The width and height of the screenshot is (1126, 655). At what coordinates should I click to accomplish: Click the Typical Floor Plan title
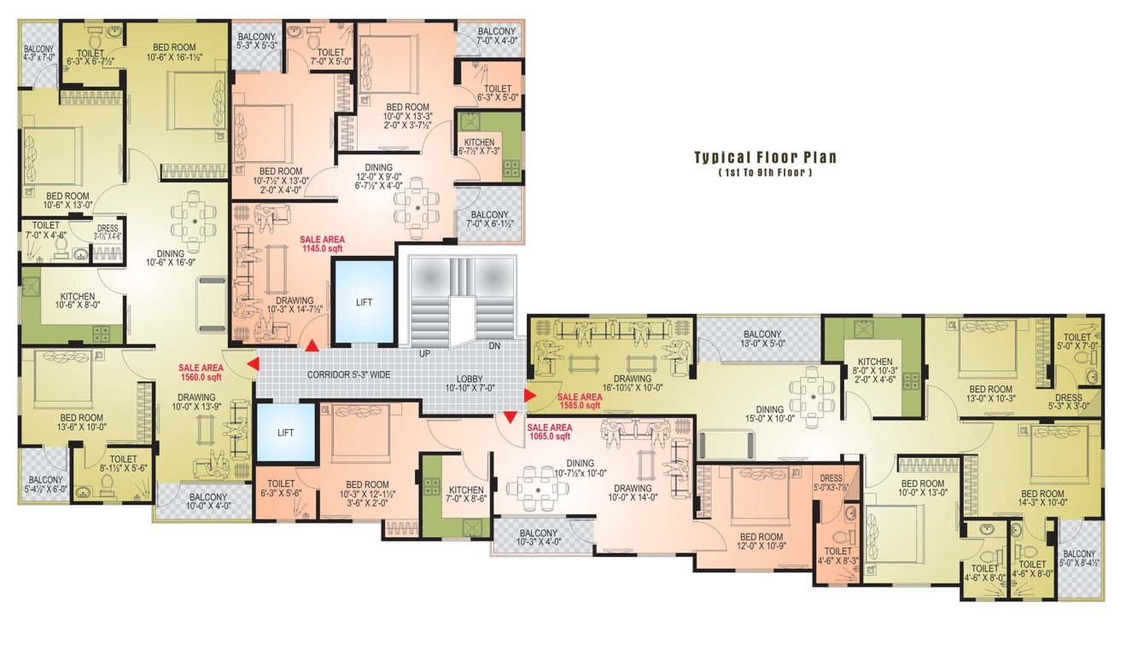coord(764,158)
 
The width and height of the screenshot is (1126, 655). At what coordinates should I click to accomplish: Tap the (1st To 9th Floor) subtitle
coord(764,173)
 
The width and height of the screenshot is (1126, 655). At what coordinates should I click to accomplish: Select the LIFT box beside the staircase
coord(364,301)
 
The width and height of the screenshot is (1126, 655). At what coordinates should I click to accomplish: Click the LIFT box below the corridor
coord(285,432)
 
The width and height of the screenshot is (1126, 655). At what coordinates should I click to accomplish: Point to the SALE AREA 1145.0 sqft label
coord(322,244)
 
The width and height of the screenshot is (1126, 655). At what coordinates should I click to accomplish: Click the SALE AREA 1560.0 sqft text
coord(201,372)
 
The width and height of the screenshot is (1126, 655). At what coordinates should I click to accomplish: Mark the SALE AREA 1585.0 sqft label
coord(580,402)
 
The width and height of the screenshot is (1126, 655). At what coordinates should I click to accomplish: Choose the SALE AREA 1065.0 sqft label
coord(549,432)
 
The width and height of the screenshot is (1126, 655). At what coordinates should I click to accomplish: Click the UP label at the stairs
coord(424,353)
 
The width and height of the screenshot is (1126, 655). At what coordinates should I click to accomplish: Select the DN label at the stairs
coord(494,346)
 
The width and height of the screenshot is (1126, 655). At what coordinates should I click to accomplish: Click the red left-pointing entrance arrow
coord(253,365)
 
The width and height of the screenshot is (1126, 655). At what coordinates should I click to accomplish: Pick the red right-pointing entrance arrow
coord(530,395)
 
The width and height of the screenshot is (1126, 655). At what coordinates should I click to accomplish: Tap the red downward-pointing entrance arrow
coord(510,417)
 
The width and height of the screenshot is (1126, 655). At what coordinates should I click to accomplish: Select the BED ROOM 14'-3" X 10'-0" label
coord(1042,499)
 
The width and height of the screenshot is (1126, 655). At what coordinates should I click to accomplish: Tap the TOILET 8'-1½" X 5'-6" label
coord(112,464)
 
